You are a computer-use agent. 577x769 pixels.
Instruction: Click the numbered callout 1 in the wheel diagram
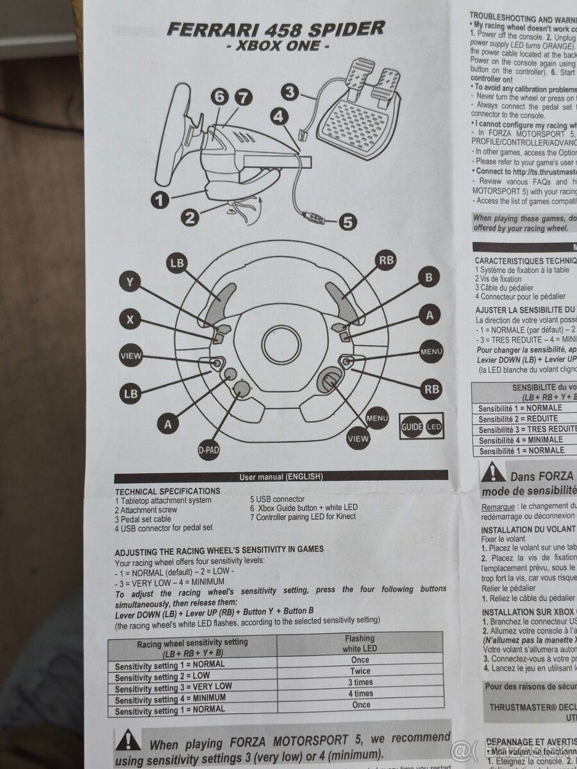click(x=160, y=199)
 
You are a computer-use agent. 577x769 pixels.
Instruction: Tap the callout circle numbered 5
click(x=346, y=222)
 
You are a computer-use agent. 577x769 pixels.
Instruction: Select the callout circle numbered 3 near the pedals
click(x=291, y=92)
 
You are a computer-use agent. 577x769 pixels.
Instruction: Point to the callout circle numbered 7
click(x=241, y=97)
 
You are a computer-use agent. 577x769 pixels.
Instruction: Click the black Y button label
click(x=131, y=281)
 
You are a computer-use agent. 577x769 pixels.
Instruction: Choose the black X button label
click(x=131, y=320)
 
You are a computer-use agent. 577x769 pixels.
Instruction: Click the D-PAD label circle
click(x=208, y=451)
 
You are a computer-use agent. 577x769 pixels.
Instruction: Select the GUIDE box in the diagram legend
click(x=411, y=426)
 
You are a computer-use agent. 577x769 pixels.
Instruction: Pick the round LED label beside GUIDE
click(x=434, y=426)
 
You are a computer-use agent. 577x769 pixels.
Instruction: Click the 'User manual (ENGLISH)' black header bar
click(x=281, y=476)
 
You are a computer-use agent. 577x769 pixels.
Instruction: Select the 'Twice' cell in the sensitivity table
click(x=360, y=671)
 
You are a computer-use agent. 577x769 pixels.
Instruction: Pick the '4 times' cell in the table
click(x=360, y=693)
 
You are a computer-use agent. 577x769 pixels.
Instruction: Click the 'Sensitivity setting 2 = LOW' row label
click(x=163, y=676)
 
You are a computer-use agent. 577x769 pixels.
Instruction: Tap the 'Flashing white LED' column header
click(x=360, y=643)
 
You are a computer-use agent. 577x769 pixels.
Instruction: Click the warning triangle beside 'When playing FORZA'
click(x=128, y=741)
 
